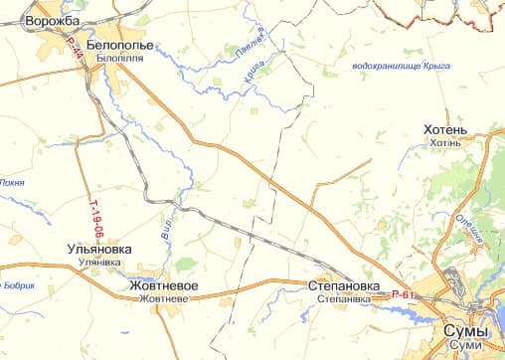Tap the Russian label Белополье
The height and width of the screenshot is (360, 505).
point(119,45)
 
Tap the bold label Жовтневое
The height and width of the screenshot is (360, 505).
point(165,285)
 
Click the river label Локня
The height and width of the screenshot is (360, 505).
point(12,182)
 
